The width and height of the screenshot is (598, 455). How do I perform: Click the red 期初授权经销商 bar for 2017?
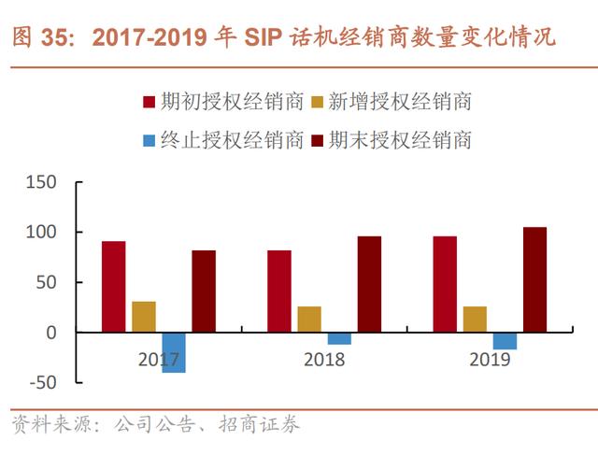(114, 287)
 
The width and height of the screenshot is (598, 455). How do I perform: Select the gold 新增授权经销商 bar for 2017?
(144, 317)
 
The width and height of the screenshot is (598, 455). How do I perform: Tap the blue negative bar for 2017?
(174, 352)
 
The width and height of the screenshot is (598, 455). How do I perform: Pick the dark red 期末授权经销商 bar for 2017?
(204, 291)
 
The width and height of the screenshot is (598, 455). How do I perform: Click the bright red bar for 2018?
(279, 291)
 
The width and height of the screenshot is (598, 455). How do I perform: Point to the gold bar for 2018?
(309, 319)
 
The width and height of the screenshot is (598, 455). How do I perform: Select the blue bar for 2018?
(339, 338)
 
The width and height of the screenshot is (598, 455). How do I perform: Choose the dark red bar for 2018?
(369, 284)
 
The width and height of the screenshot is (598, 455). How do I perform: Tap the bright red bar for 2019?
(445, 284)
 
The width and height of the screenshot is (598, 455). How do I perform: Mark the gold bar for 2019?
(475, 319)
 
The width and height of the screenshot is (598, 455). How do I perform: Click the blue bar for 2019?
(505, 340)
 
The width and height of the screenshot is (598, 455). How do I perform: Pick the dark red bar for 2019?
(534, 279)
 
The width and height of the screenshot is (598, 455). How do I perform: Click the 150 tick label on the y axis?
(41, 181)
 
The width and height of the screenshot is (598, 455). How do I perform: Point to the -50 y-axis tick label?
(41, 382)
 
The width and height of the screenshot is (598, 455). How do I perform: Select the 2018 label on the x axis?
(324, 359)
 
